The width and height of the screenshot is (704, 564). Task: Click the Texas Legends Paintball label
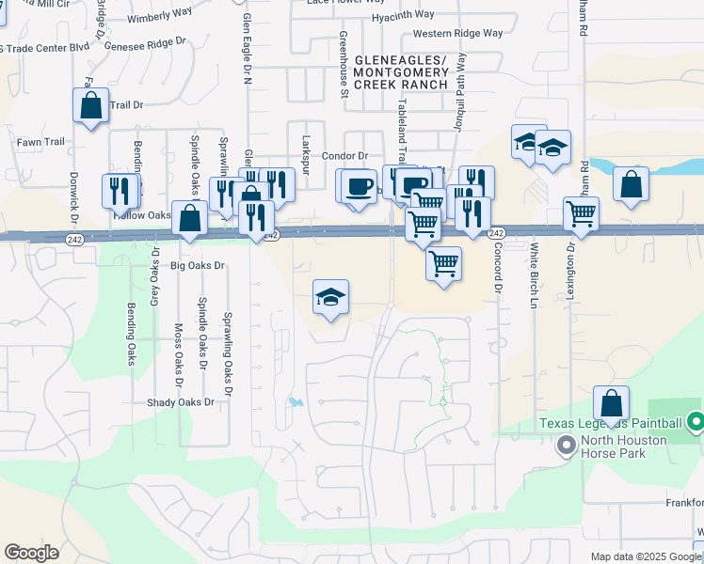611,423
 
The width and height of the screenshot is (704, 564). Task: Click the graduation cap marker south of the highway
330,298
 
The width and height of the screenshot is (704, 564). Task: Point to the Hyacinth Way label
402,15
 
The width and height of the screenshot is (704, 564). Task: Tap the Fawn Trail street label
40,142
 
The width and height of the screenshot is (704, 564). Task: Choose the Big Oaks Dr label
198,266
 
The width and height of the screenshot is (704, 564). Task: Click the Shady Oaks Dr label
181,402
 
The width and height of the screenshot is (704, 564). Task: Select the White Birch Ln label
534,277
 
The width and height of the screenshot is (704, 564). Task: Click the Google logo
31,553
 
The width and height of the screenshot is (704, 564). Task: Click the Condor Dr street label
344,156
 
